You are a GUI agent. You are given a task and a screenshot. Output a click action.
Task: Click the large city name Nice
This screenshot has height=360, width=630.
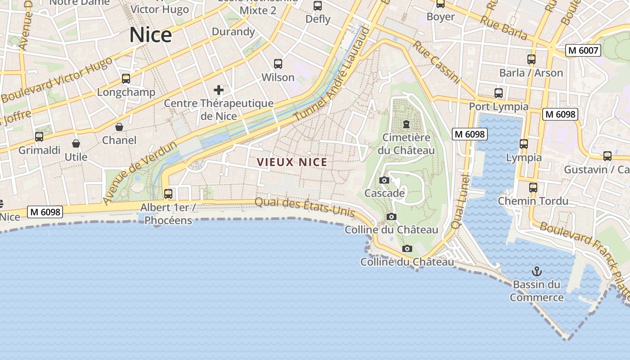(150, 35)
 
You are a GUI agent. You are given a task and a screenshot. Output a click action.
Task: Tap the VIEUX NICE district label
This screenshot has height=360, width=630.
(292, 162)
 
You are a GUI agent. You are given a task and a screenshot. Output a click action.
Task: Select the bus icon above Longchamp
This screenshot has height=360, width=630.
(126, 79)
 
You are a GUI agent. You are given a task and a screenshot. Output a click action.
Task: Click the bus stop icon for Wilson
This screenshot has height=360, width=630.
(278, 64)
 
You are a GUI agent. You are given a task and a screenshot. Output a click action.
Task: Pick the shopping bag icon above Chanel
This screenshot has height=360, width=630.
(119, 127)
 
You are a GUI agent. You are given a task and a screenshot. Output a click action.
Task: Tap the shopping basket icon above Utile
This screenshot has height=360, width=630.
(76, 144)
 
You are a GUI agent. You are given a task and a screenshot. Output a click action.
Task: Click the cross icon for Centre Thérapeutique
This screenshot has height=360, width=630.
(219, 90)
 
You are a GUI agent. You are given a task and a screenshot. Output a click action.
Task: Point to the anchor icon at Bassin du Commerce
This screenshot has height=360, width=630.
(536, 271)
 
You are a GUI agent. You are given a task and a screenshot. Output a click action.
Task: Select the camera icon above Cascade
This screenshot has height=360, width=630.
(384, 180)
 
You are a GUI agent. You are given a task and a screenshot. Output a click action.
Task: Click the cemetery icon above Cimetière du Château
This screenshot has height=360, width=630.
(406, 124)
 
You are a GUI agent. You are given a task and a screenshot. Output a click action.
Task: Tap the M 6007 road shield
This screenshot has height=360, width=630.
(583, 50)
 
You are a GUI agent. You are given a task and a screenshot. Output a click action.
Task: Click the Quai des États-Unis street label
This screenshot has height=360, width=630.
(305, 207)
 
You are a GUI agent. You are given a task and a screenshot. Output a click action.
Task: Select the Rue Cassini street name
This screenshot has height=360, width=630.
(437, 63)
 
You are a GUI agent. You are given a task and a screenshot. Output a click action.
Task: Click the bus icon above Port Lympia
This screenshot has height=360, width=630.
(499, 93)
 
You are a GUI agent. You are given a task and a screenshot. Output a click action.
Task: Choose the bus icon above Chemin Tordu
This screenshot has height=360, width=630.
(533, 187)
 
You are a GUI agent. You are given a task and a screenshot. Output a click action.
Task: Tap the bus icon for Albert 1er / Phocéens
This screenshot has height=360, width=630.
(168, 194)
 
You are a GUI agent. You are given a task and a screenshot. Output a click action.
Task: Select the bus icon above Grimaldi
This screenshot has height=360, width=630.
(39, 136)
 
